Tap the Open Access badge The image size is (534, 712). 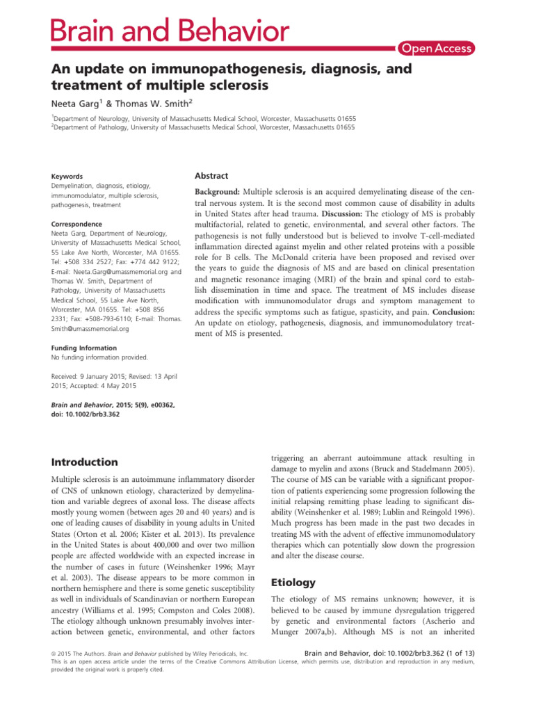coord(436,48)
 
